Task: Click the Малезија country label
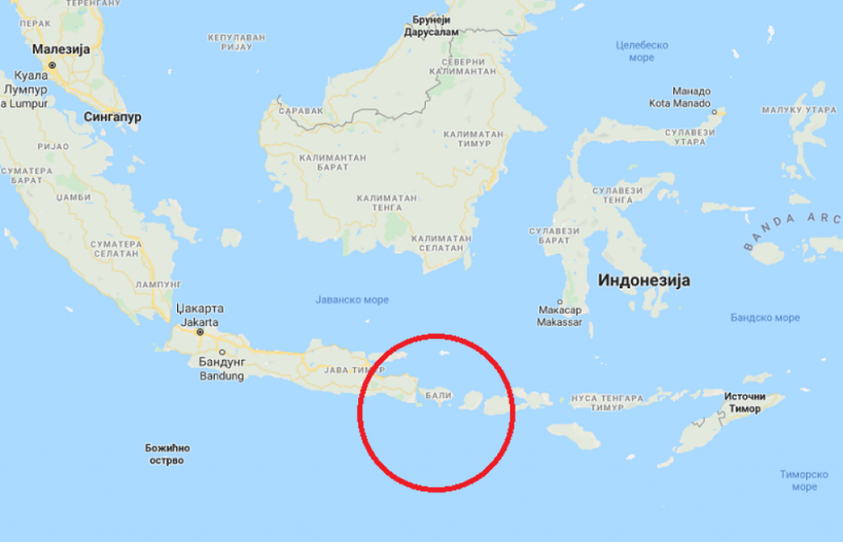pos(61,49)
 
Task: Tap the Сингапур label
pos(113,117)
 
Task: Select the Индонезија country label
pos(644,280)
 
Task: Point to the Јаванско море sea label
pos(352,300)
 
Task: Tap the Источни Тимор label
pos(745,403)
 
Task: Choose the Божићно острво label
pos(167,454)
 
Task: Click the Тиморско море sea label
pos(804,480)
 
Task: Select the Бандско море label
pos(765,317)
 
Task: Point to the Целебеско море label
pos(642,51)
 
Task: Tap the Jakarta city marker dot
pos(199,333)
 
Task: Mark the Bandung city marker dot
pos(221,352)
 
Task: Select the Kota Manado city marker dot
pos(714,111)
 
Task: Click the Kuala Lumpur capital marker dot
pos(52,64)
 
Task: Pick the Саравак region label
pos(295,110)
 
